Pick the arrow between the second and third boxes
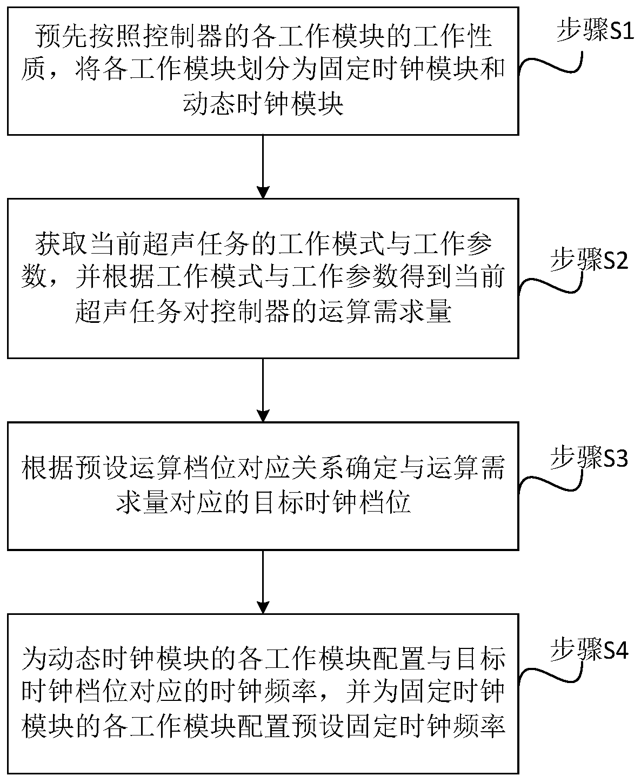tap(263, 389)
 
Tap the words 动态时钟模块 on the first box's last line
tap(263, 104)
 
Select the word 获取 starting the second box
tap(53, 247)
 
